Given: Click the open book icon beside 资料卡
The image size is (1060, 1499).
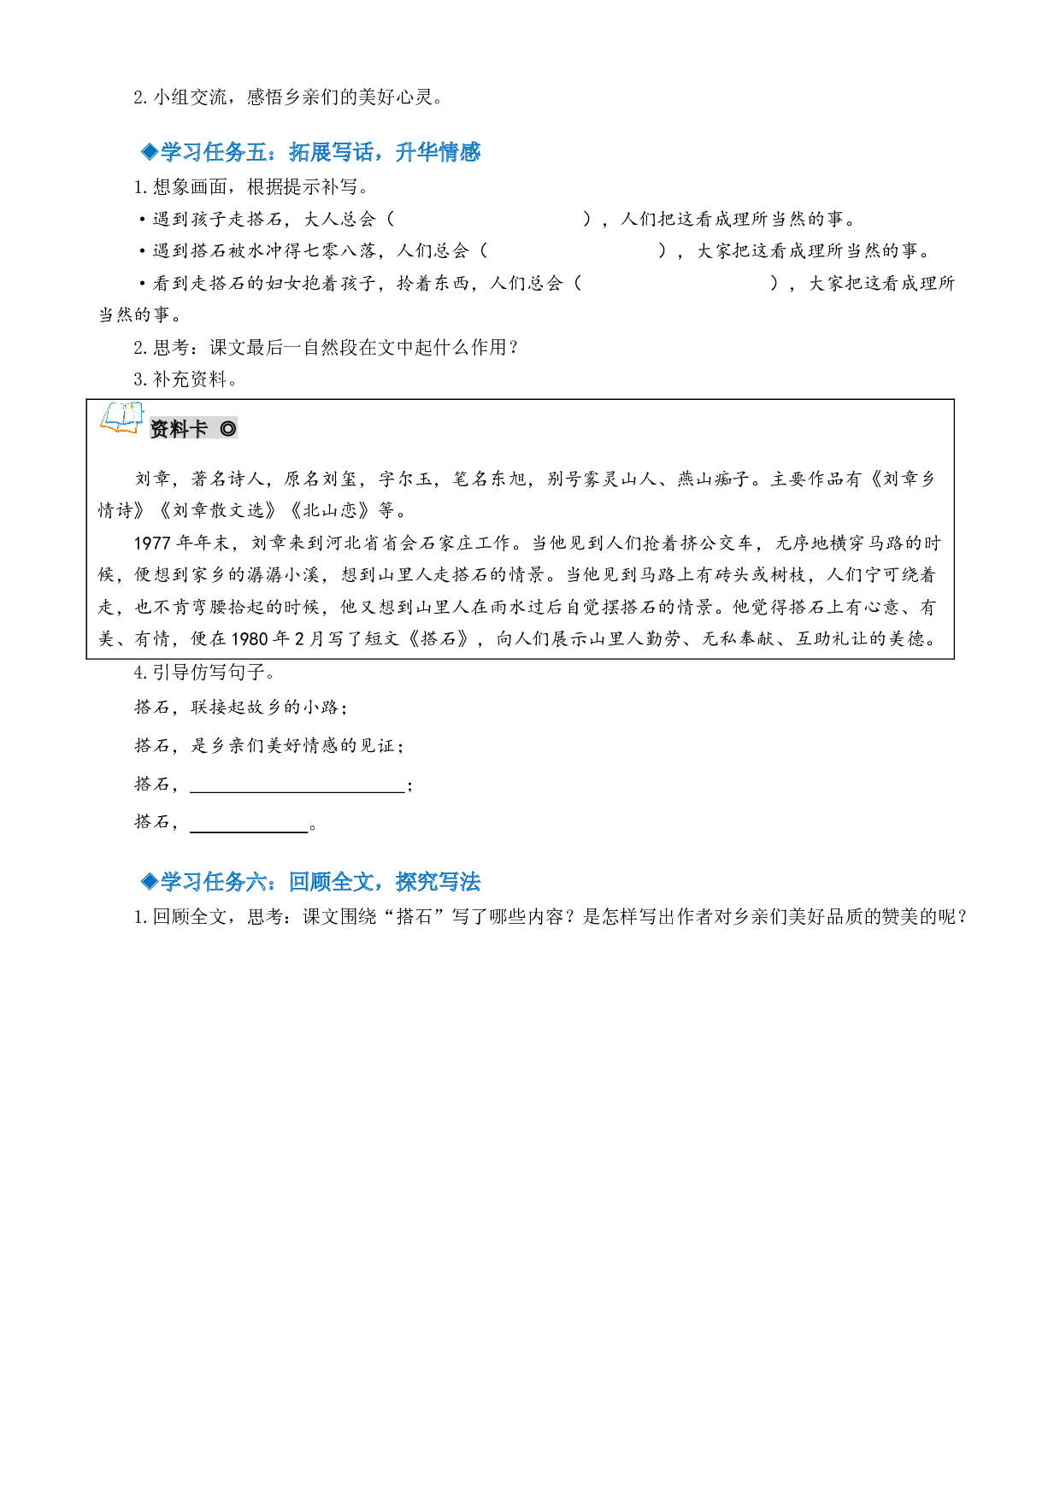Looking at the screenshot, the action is pyautogui.click(x=122, y=418).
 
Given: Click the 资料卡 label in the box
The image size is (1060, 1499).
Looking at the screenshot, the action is pyautogui.click(x=179, y=429).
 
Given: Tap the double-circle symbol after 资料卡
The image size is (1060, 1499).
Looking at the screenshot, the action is pyautogui.click(x=227, y=429).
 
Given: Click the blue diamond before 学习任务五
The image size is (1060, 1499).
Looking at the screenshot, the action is pyautogui.click(x=150, y=152).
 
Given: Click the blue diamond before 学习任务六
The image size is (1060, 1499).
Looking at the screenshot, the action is pyautogui.click(x=150, y=882).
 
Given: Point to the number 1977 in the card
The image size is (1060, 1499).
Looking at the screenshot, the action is pyautogui.click(x=153, y=544).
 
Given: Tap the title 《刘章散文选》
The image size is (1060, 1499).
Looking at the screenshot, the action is pyautogui.click(x=218, y=511).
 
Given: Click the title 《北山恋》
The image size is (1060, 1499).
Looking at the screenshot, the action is pyautogui.click(x=330, y=511).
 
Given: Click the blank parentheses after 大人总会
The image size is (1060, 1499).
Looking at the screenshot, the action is pyautogui.click(x=489, y=220).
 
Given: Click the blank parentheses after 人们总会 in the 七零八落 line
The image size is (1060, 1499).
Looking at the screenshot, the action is pyautogui.click(x=573, y=251).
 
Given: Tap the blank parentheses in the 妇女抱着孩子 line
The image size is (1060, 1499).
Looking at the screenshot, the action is pyautogui.click(x=676, y=284).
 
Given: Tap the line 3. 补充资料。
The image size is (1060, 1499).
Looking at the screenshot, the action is pyautogui.click(x=185, y=379).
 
